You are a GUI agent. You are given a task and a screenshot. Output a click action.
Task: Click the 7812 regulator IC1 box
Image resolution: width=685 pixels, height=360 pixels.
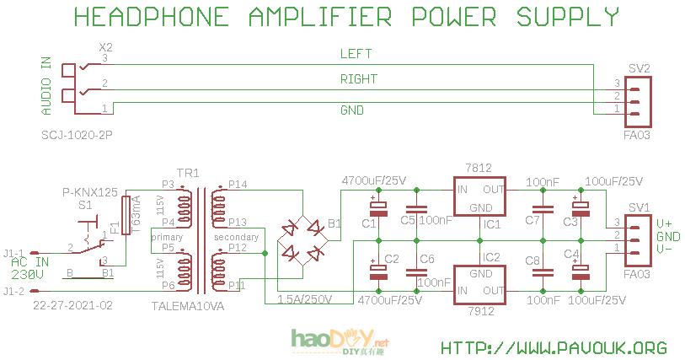click(x=481, y=197)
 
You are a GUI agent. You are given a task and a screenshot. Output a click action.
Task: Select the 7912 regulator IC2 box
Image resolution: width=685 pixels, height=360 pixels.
click(x=481, y=282)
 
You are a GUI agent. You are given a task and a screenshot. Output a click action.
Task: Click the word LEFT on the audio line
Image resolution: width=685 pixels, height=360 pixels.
click(x=356, y=54)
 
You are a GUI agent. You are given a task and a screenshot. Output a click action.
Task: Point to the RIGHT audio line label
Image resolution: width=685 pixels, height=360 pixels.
click(x=358, y=79)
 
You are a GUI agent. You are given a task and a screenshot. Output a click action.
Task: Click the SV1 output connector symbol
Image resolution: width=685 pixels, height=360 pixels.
click(x=637, y=234)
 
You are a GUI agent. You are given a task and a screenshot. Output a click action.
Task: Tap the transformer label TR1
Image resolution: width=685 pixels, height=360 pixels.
click(x=188, y=173)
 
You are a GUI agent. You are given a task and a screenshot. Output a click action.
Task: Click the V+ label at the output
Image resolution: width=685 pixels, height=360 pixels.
click(x=665, y=223)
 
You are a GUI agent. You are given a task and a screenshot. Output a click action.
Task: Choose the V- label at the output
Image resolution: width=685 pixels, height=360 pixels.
click(x=665, y=249)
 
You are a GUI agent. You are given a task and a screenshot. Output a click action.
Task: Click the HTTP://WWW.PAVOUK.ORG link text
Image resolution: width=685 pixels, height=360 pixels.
click(x=554, y=347)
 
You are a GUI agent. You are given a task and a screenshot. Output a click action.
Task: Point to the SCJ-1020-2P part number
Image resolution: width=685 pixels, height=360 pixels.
click(x=77, y=135)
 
